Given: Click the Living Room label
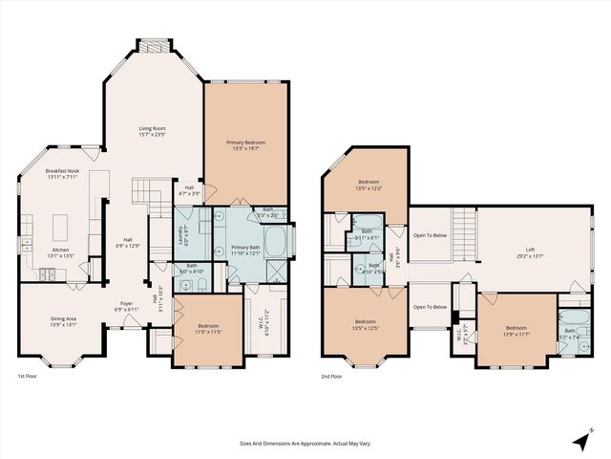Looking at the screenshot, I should pyautogui.click(x=153, y=130).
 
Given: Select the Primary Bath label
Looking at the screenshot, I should pyautogui.click(x=247, y=250).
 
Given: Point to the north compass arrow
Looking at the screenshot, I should pyautogui.click(x=581, y=441).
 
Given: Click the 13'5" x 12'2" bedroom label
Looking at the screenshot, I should pyautogui.click(x=369, y=185).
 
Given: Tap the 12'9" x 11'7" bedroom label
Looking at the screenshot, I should pyautogui.click(x=516, y=332).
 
